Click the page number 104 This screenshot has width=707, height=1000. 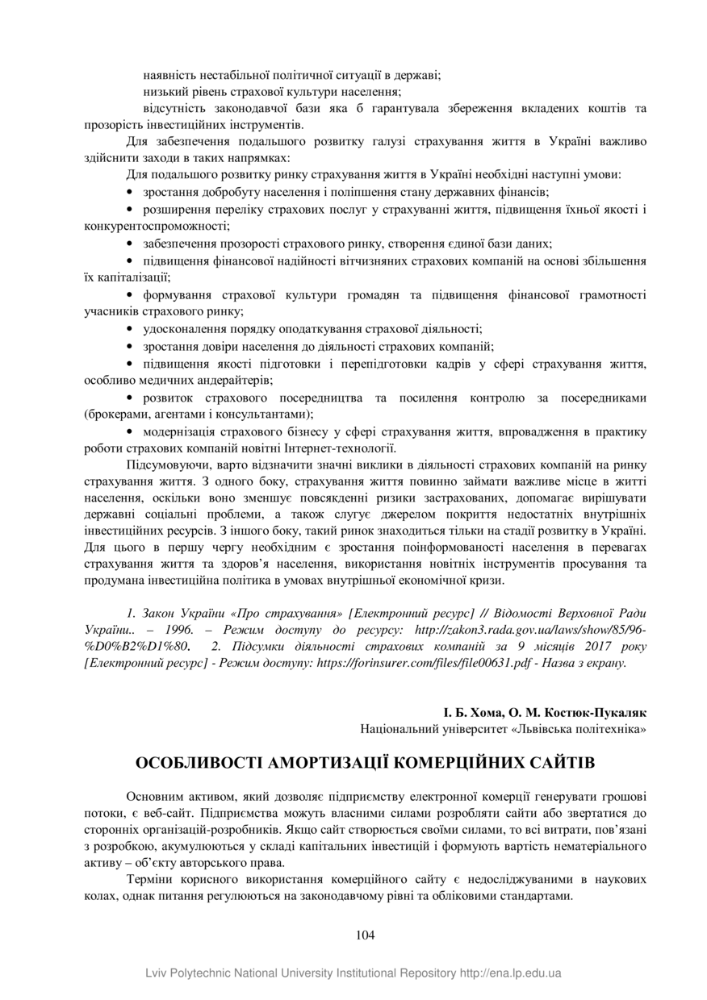(365, 935)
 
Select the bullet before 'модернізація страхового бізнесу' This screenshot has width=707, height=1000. (132, 433)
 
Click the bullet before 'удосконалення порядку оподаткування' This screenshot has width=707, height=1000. (132, 329)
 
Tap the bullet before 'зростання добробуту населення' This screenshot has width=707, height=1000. (132, 192)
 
